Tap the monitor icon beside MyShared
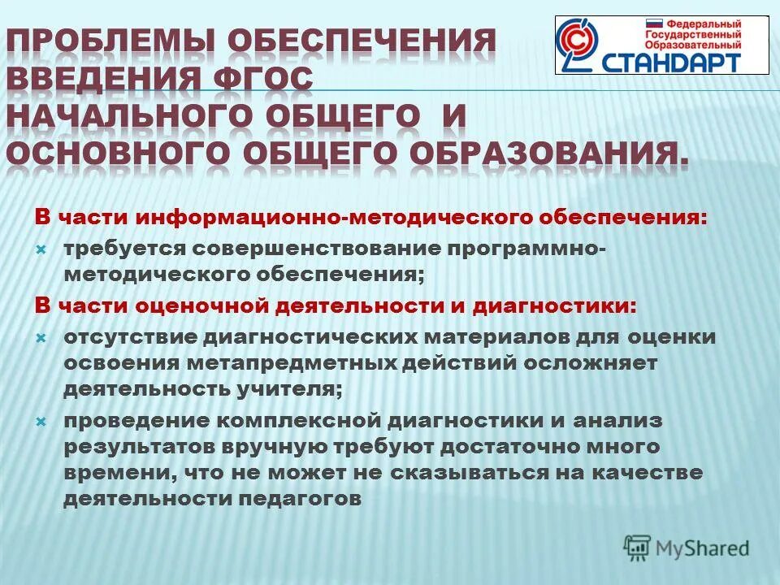(638, 548)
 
